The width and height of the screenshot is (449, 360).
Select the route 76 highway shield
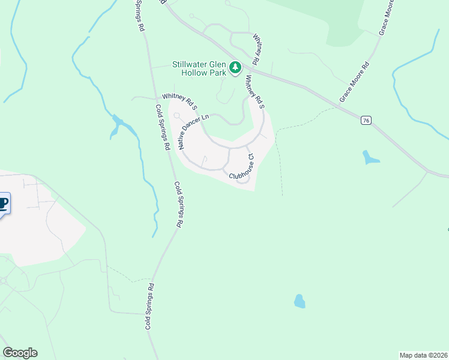(x=366, y=121)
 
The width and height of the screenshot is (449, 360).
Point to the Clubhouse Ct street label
(x=243, y=166)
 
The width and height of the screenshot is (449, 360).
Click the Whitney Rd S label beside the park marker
(x=255, y=91)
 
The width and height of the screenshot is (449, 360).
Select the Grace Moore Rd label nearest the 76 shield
(x=353, y=82)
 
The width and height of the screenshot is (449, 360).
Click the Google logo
(x=20, y=353)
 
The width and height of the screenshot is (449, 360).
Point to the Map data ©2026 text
(x=423, y=355)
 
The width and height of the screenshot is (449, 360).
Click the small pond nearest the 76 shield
(x=370, y=158)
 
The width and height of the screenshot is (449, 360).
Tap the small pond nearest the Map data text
(x=299, y=301)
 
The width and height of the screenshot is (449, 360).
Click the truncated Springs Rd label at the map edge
(x=138, y=15)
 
